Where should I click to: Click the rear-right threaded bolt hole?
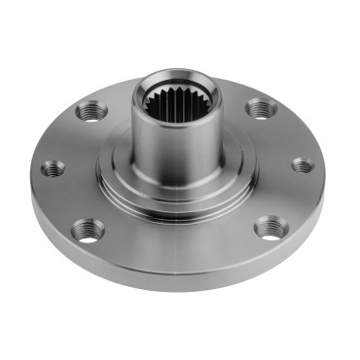(x=258, y=108)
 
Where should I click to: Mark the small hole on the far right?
(x=303, y=164)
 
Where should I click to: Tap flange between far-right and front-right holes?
(x=292, y=199)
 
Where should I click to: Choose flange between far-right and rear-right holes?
(x=284, y=133)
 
